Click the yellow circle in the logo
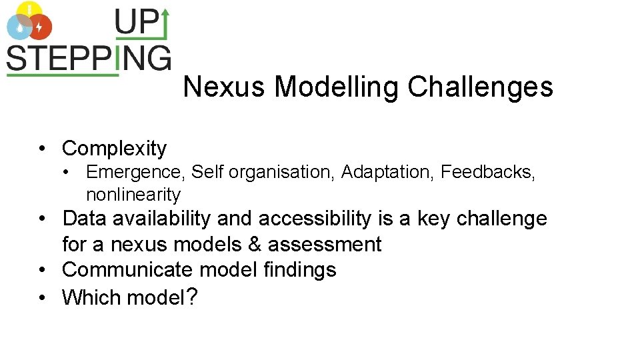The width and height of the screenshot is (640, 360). click(29, 11)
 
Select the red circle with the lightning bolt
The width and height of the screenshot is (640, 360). click(40, 27)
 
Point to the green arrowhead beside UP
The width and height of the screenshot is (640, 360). click(165, 15)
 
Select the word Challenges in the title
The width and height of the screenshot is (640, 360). click(480, 87)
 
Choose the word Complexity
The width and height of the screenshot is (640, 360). click(114, 148)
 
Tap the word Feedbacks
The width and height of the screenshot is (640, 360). click(487, 172)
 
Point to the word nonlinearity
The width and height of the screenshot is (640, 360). click(133, 195)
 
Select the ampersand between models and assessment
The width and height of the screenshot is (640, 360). click(254, 244)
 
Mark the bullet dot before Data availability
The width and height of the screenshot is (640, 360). click(41, 219)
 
